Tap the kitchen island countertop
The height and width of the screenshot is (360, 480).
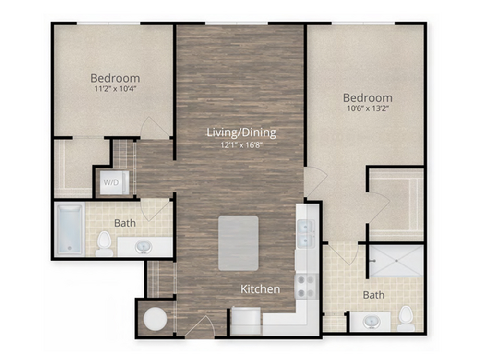tap(238, 243)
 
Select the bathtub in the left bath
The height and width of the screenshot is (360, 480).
tap(70, 229)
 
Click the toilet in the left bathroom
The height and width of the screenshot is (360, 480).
tap(104, 244)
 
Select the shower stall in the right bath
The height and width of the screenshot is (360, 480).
tap(396, 261)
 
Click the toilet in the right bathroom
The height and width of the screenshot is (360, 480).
tap(406, 318)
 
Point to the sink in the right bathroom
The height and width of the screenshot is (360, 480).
tap(372, 322)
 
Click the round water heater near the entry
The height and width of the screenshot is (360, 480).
tap(156, 319)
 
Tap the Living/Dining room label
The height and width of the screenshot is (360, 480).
tap(241, 132)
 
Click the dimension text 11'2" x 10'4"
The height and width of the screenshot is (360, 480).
tap(115, 89)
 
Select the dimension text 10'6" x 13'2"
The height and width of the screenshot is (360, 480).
tap(368, 108)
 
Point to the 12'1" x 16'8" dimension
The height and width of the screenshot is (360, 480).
tap(241, 145)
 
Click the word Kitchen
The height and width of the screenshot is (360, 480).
tap(260, 289)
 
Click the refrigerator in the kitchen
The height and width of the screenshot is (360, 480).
tap(246, 321)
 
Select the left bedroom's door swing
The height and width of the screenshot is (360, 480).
tap(155, 128)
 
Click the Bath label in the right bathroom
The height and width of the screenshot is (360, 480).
tap(374, 295)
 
